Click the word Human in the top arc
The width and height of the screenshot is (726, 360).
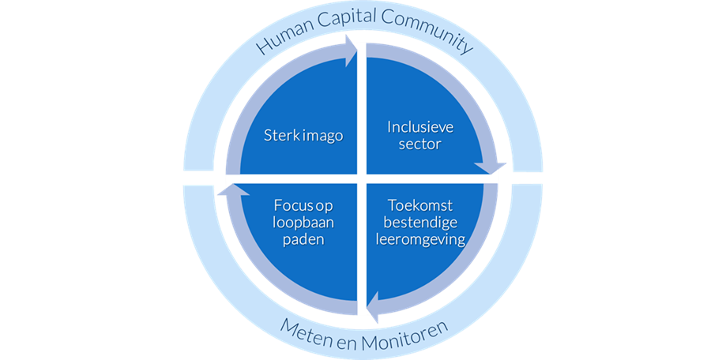280,36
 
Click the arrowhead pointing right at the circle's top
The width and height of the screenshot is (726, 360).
348,51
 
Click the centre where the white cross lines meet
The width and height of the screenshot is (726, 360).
363,179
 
